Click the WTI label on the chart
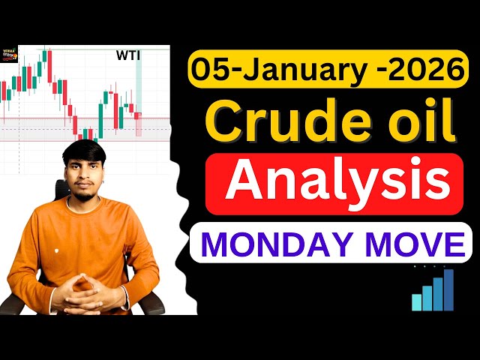point(128,54)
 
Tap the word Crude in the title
point(267,123)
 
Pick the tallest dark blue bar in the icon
point(448,290)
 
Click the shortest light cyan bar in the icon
point(416,302)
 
